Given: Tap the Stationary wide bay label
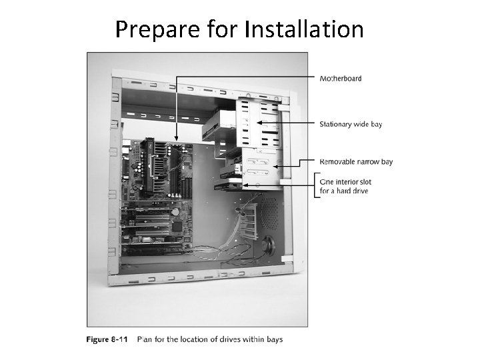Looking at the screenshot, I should [x=351, y=124].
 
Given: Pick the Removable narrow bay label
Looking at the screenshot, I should [x=356, y=161].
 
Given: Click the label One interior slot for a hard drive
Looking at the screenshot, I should [x=345, y=186].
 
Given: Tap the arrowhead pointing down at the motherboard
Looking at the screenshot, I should [x=176, y=139].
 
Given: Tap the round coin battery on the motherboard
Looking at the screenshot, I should [x=174, y=212].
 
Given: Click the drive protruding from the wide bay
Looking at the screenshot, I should [x=217, y=125].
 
